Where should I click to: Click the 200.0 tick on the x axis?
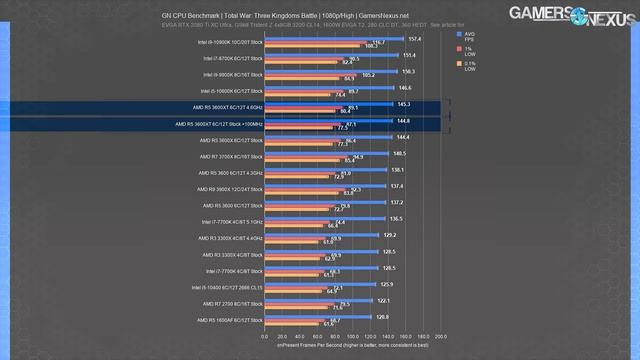point(441,336)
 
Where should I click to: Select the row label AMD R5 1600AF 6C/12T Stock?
point(230,320)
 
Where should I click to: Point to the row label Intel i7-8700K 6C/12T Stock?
point(230,60)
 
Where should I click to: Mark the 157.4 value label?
point(415,38)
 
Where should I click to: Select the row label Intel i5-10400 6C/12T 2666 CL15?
point(224,287)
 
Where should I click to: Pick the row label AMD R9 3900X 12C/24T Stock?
point(229,189)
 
